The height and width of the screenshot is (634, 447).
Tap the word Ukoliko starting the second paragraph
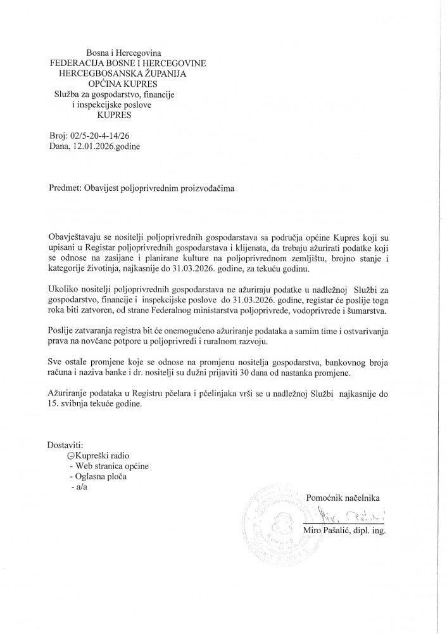pos(63,289)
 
